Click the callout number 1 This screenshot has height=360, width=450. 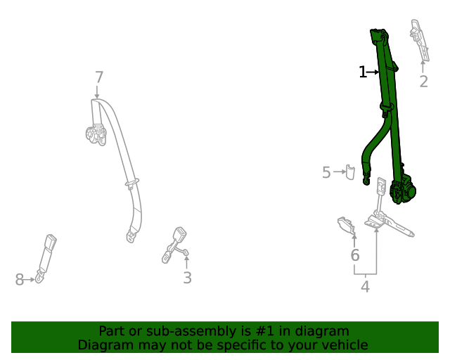[363, 72]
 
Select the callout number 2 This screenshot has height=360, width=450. [423, 82]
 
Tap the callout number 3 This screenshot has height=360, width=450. [187, 278]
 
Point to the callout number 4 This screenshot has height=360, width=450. [365, 286]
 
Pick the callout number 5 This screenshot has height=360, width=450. [326, 172]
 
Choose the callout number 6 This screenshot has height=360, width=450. [355, 255]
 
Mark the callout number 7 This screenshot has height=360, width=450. [98, 77]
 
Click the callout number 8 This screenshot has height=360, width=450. [19, 280]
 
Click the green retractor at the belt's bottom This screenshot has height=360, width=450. [404, 191]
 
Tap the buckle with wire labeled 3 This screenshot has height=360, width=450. [176, 243]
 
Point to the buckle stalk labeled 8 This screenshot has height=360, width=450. [49, 255]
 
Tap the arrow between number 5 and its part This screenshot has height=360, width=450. [337, 172]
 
